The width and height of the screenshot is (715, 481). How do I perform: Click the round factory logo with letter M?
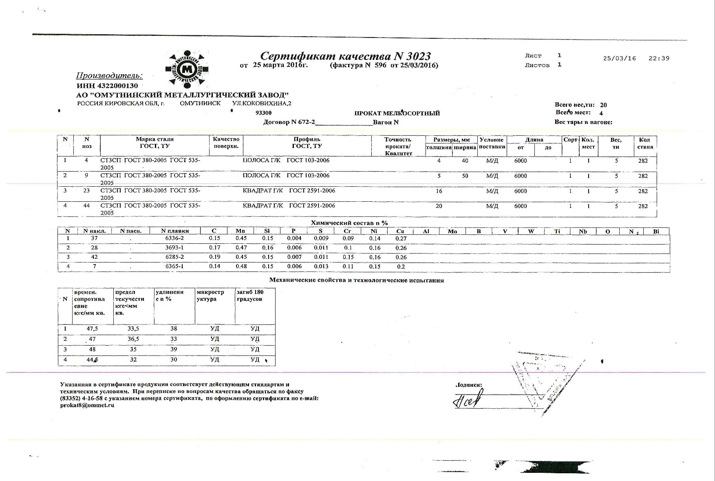187,69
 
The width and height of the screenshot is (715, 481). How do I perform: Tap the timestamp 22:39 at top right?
659,58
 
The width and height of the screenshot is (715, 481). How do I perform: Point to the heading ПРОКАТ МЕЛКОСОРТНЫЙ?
397,113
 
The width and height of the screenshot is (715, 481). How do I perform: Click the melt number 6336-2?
174,238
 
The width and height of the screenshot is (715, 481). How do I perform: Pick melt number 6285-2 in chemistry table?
174,257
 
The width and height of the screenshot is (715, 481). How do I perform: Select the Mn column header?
241,231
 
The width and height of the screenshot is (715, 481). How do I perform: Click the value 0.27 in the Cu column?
401,238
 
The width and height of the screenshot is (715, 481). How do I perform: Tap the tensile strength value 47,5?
92,329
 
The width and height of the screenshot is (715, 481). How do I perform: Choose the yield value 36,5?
133,339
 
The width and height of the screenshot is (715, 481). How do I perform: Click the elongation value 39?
174,349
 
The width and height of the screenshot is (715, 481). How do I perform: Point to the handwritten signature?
468,399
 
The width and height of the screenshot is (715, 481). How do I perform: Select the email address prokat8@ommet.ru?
87,405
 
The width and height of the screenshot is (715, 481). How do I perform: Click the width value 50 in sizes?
465,176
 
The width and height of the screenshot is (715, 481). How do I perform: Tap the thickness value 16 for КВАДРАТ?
439,191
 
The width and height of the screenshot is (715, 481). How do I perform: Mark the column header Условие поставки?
492,143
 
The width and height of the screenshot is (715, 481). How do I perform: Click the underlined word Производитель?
109,75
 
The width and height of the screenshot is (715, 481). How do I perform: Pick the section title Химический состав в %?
349,223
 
